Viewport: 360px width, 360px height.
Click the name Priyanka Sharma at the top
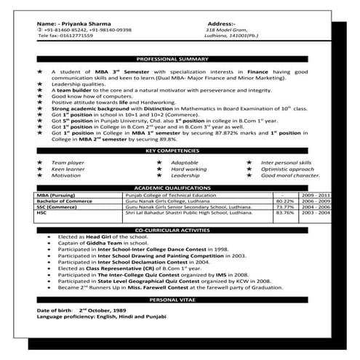pos(91,24)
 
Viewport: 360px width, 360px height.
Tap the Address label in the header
pos(221,24)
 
